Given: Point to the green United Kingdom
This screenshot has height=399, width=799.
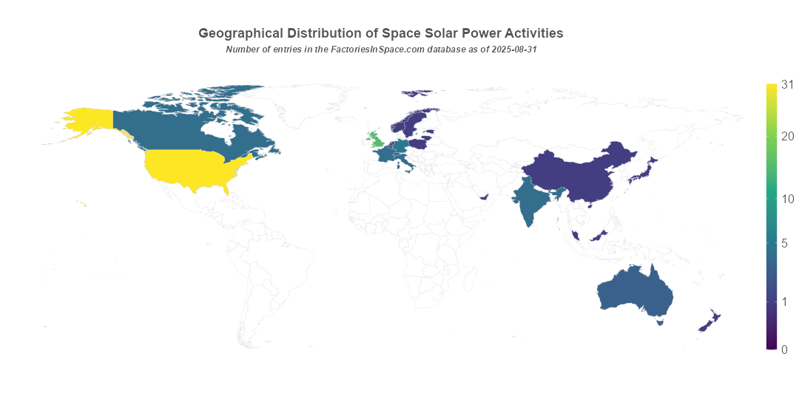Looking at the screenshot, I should click(376, 140).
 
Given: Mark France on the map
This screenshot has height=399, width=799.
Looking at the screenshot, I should click(385, 156).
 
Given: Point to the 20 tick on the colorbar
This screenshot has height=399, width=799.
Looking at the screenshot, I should click(788, 136).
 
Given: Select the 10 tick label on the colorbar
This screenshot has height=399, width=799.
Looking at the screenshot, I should click(788, 199).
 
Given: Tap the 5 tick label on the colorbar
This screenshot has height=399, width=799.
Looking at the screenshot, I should click(788, 243).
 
